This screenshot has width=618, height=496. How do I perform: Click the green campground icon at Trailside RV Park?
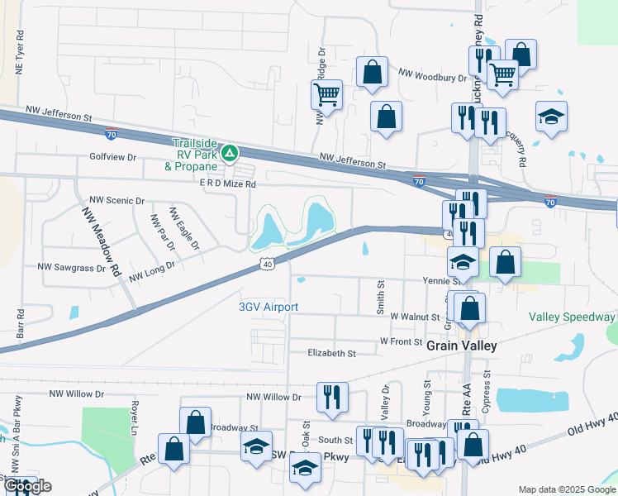(231, 152)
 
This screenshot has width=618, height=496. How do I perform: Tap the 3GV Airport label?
(268, 307)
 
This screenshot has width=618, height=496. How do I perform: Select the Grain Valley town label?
(461, 346)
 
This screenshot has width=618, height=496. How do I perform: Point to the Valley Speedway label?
(574, 317)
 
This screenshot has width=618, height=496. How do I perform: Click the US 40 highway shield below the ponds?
(264, 264)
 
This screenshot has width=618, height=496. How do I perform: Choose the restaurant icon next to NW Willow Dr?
(332, 396)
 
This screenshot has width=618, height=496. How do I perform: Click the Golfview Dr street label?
(112, 156)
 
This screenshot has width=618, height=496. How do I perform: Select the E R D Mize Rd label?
(221, 184)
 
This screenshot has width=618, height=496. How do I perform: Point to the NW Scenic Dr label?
(116, 201)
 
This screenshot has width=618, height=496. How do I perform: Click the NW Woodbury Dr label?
(432, 77)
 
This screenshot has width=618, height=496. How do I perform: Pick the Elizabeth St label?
(331, 353)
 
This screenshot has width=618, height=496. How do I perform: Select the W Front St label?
(401, 341)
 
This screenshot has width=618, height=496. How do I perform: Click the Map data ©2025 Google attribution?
(566, 489)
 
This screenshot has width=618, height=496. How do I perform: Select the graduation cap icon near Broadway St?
(257, 447)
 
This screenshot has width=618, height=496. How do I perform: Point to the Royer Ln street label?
(132, 418)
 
